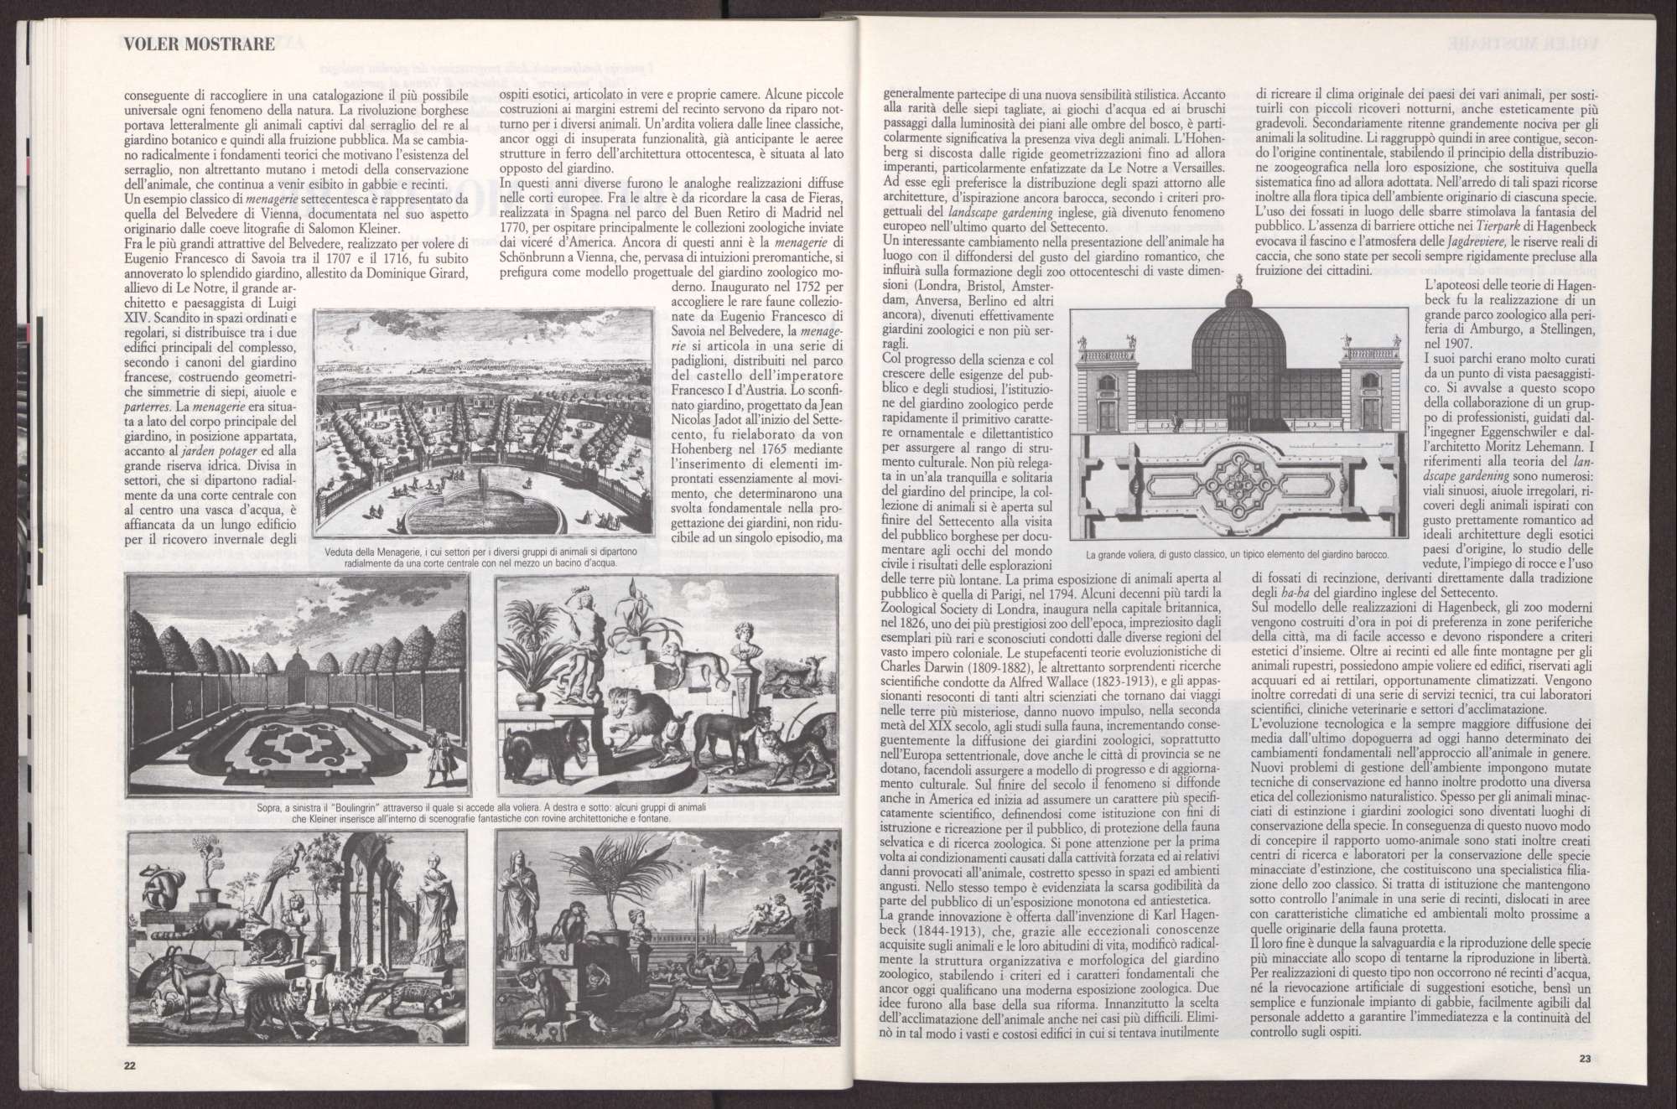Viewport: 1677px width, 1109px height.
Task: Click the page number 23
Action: (x=1584, y=1057)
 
